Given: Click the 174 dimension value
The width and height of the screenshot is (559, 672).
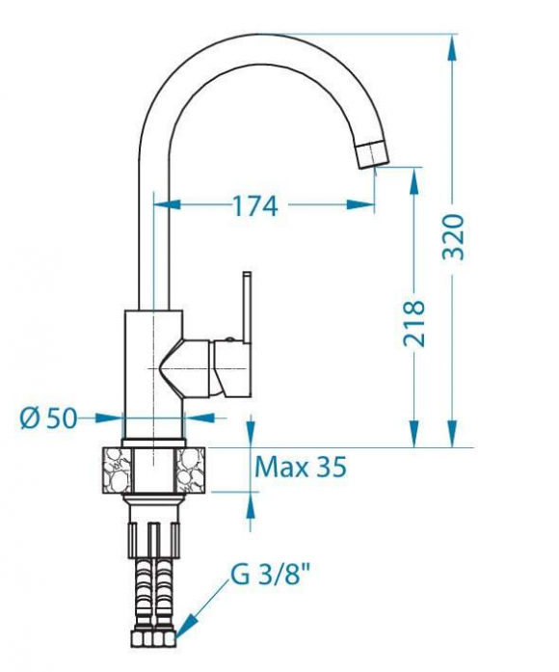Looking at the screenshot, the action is click(x=255, y=205).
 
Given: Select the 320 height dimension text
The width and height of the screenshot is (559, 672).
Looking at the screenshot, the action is click(x=453, y=236).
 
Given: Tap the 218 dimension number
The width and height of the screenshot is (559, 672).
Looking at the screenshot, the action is click(x=413, y=323).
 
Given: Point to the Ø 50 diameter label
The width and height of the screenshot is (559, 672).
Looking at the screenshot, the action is click(x=48, y=417).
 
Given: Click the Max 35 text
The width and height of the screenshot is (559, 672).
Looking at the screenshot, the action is click(x=301, y=467).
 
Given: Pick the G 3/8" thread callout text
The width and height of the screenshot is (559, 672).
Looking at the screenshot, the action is click(x=270, y=575).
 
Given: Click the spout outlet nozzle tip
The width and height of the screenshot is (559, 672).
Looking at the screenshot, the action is click(x=372, y=154).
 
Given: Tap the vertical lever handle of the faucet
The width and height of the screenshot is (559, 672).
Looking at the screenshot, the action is click(x=247, y=308).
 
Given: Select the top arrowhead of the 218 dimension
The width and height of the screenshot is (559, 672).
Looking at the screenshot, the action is click(x=414, y=181).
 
